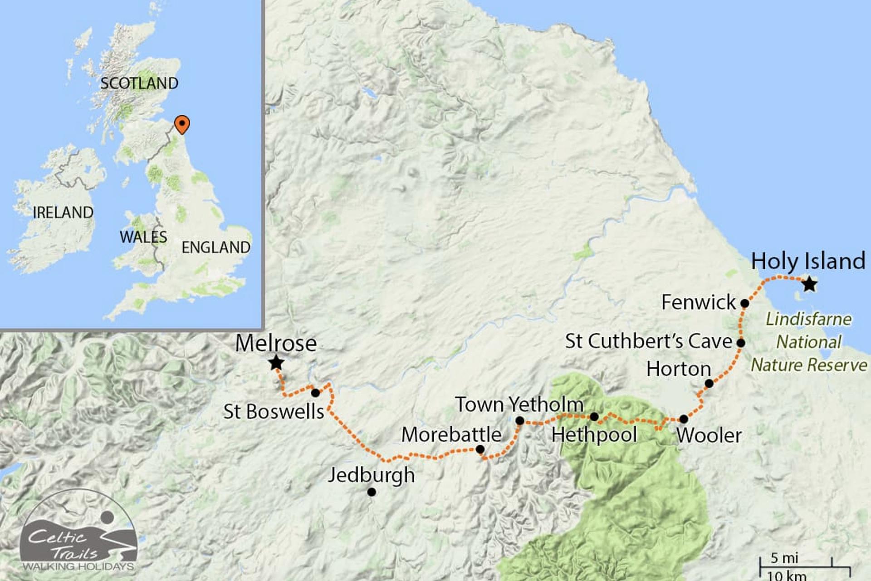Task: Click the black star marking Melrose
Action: pyautogui.click(x=276, y=363)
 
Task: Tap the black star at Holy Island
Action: pyautogui.click(x=809, y=285)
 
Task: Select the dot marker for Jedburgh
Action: pyautogui.click(x=372, y=492)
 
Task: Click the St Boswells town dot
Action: pyautogui.click(x=315, y=393)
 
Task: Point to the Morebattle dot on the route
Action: pyautogui.click(x=480, y=449)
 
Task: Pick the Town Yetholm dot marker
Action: pyautogui.click(x=520, y=421)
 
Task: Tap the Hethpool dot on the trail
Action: pyautogui.click(x=594, y=417)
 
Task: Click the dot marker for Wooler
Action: pyautogui.click(x=684, y=419)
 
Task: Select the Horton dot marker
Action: pyautogui.click(x=709, y=384)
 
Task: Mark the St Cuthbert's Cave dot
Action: pyautogui.click(x=741, y=343)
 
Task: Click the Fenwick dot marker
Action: pyautogui.click(x=744, y=303)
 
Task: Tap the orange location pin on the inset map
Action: pyautogui.click(x=182, y=124)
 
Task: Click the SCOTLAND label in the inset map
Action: pyautogui.click(x=139, y=84)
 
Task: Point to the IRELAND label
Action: pyautogui.click(x=63, y=212)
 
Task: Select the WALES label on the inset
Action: pyautogui.click(x=143, y=237)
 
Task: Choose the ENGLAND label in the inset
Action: pyautogui.click(x=216, y=247)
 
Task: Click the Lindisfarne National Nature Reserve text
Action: pyautogui.click(x=809, y=342)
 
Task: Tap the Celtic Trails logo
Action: pyautogui.click(x=78, y=531)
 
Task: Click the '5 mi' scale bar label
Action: pyautogui.click(x=784, y=558)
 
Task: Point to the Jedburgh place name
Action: pyautogui.click(x=372, y=475)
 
